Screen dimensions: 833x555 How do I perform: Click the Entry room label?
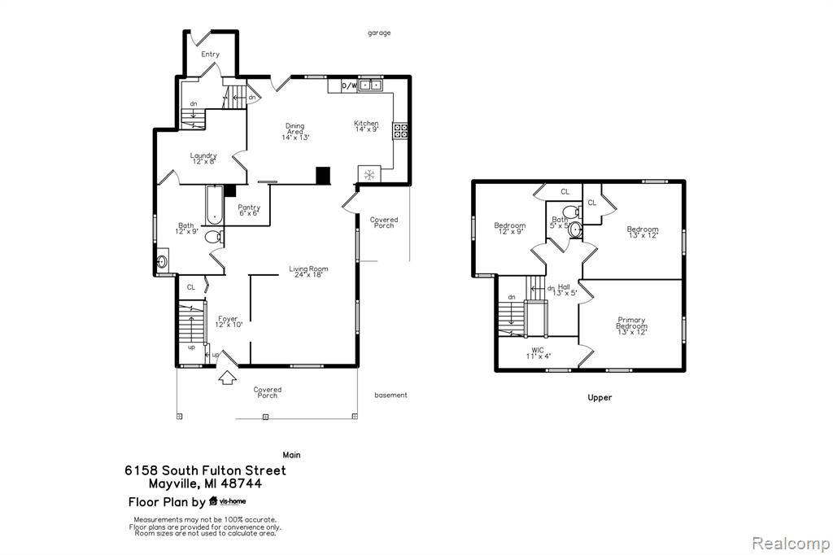(210, 55)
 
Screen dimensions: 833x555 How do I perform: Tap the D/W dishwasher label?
(348, 85)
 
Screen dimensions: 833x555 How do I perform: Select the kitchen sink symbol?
(370, 85)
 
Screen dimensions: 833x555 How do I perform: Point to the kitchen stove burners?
(400, 131)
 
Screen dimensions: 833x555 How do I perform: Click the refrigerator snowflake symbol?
(369, 174)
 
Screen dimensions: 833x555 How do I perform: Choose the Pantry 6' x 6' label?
(249, 210)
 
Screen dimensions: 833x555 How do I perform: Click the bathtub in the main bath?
(214, 203)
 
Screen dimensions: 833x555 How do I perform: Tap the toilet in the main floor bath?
(214, 237)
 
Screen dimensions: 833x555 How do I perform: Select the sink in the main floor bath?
(162, 261)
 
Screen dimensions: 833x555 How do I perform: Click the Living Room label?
(308, 272)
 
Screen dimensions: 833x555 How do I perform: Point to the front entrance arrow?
(228, 377)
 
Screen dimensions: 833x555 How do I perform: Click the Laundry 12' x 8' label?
(203, 159)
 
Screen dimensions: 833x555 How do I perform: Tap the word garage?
(379, 33)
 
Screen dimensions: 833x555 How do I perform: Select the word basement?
(390, 395)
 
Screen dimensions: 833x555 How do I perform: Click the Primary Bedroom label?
(631, 326)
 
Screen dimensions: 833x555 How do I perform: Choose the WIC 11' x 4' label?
(538, 353)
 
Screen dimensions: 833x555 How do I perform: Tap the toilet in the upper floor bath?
(572, 211)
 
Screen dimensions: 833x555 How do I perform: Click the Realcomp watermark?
(791, 544)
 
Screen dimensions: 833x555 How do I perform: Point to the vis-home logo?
(228, 500)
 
